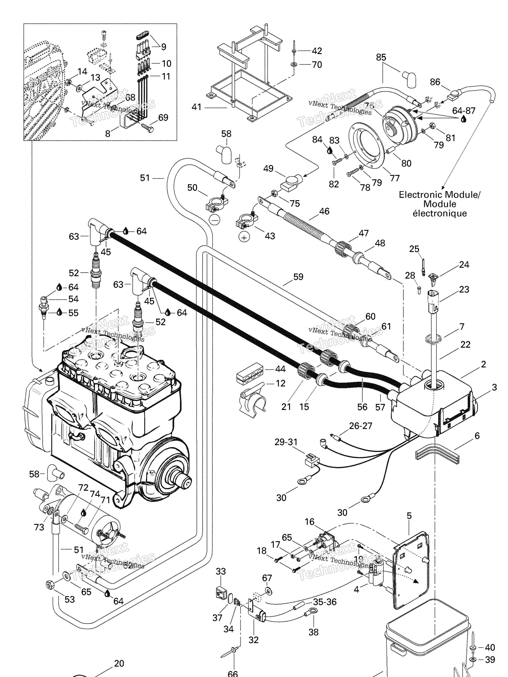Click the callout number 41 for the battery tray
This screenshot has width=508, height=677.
pos(196,107)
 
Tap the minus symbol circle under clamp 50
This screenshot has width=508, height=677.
pos(215,220)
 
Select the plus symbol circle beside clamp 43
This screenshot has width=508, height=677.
pos(244,237)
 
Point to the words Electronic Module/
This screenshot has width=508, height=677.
pos(439,195)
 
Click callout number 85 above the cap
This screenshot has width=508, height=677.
pos(381,58)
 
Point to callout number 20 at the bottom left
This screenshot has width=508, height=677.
pos(119,663)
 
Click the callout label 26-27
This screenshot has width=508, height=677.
pos(360,426)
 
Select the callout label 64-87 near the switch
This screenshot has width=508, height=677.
pos(464,111)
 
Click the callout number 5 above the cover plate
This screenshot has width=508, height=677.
pos(409,516)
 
